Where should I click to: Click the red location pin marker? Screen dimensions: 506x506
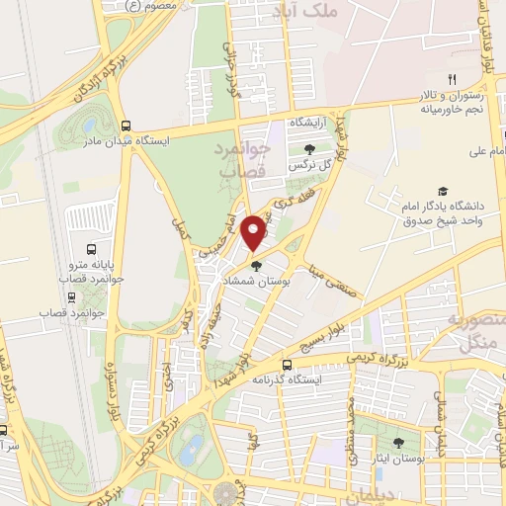(x=254, y=232)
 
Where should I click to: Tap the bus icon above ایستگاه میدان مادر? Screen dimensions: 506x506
(x=126, y=126)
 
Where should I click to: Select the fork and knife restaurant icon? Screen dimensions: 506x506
(x=453, y=79)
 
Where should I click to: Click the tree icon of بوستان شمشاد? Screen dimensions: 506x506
(x=256, y=265)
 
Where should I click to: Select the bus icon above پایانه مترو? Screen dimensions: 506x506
(x=91, y=249)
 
